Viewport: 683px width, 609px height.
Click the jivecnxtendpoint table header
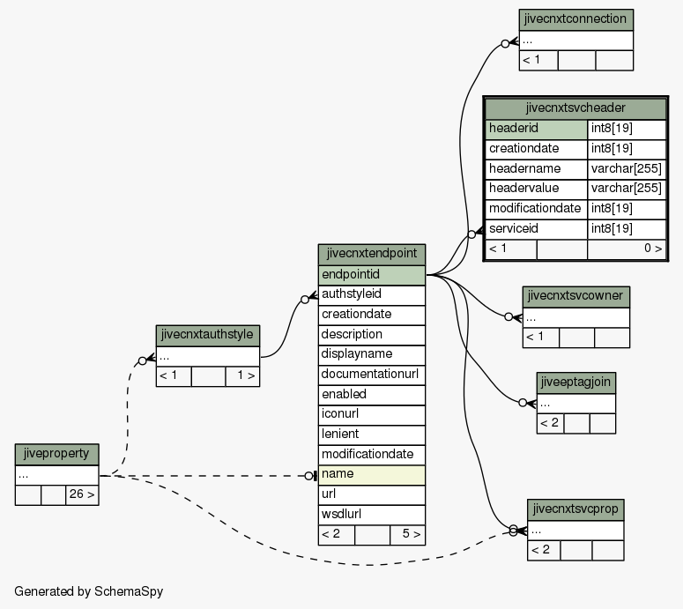372,255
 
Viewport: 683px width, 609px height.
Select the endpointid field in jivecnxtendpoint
372,275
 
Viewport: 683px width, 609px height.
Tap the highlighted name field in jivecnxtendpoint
372,475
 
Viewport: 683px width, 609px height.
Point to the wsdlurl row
372,515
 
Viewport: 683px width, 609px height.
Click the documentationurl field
372,375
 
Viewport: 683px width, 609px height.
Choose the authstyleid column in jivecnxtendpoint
372,295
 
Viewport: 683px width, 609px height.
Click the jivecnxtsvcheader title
575,108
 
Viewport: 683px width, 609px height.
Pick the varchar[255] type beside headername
627,169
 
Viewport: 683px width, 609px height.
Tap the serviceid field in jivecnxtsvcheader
536,229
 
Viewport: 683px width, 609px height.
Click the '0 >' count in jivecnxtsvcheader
653,249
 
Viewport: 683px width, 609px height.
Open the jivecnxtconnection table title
575,19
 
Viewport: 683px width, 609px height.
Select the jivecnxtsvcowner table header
575,297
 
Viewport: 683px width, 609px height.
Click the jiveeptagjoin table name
575,382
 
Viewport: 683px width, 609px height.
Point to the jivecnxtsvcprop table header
575,509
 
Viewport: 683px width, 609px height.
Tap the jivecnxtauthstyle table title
207,336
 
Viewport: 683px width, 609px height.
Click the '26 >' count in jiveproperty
82,494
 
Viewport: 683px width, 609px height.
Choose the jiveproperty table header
56,455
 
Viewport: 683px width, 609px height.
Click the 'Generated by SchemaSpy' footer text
89,591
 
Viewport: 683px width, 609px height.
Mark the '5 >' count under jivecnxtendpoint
412,534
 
